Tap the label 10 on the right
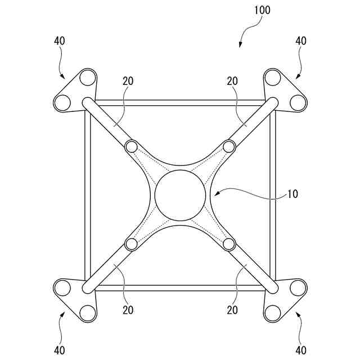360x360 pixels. [292, 195]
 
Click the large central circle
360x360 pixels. [180, 195]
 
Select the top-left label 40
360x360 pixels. [60, 41]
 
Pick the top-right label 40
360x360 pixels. [301, 41]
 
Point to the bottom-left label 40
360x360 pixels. [60, 350]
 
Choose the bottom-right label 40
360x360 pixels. [301, 350]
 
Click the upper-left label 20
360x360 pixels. [128, 81]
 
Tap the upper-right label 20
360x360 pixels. [233, 81]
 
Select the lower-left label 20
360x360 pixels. [128, 309]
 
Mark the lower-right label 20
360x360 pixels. [233, 309]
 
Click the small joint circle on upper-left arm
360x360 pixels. [132, 147]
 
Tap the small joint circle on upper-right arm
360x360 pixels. [228, 147]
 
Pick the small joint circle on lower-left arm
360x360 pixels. [132, 244]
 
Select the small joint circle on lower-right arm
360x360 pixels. [228, 244]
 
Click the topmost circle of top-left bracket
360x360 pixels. [87, 77]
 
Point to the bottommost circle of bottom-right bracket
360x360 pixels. [273, 313]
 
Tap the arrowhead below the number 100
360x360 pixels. [240, 46]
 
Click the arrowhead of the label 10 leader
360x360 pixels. [215, 195]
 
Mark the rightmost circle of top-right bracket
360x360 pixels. [298, 102]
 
